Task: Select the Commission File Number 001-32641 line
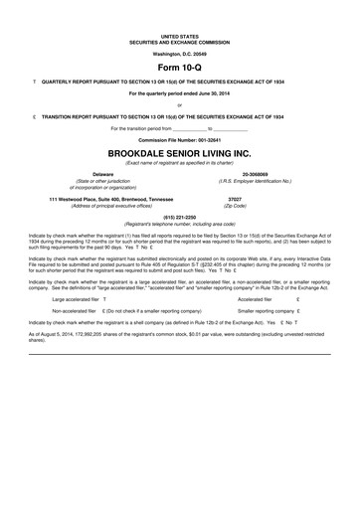(179, 139)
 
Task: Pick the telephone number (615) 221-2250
(179, 216)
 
